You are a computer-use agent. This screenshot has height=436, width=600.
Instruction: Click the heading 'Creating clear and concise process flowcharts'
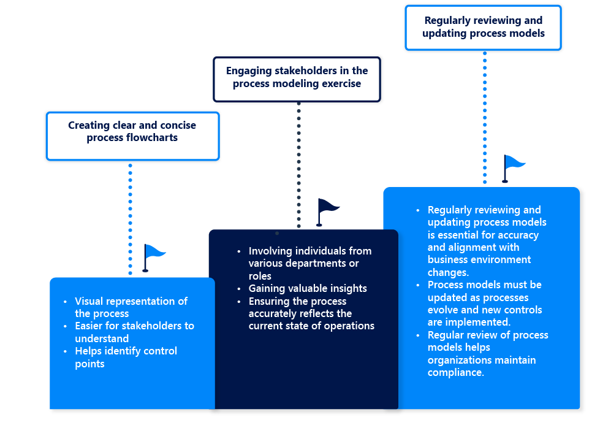pos(132,132)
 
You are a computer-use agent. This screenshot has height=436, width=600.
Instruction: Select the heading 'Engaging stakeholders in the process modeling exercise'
pos(297,77)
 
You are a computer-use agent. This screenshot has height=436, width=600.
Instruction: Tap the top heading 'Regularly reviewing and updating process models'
pos(483,27)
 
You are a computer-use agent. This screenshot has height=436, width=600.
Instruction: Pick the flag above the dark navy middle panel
pos(327,210)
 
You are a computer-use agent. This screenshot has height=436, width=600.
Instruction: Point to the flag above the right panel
pos(513,167)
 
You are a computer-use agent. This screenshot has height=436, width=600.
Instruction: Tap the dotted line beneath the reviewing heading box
pos(485,117)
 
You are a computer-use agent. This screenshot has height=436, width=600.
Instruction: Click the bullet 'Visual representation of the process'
pos(131,307)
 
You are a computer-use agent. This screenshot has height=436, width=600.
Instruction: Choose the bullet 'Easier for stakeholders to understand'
pos(134,332)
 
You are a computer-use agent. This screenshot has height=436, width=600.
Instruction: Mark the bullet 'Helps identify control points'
pos(126,358)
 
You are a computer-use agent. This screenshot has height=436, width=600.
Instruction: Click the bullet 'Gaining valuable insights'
pos(308,288)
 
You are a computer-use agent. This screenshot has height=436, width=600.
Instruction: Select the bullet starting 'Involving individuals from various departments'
pos(309,263)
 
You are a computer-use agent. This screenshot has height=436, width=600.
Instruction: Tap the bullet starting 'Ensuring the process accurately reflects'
pos(311,313)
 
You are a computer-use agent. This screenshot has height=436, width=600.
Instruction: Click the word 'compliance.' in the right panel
pos(456,372)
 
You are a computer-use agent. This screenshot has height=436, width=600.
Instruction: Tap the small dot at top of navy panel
pos(277,233)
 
